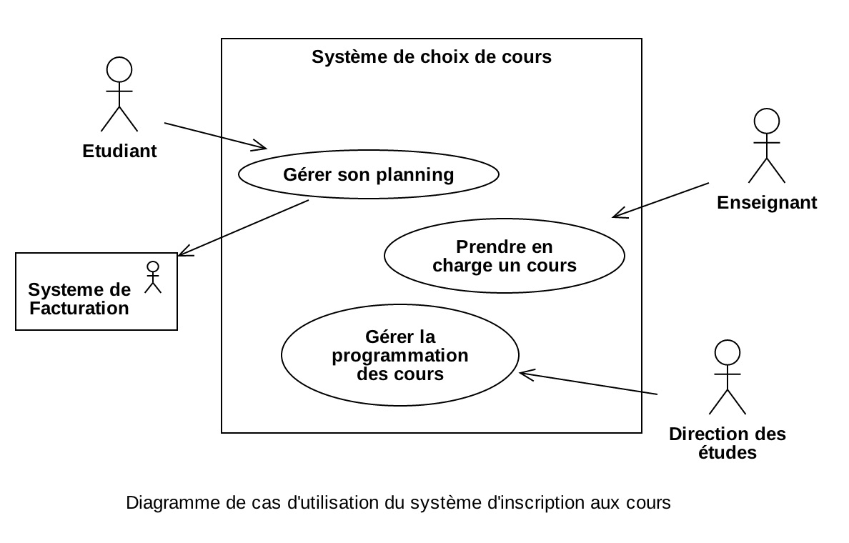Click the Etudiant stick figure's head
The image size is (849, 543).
point(119,69)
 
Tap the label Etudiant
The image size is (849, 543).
point(119,151)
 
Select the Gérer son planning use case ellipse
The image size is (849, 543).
point(368,174)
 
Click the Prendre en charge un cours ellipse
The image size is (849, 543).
point(504,256)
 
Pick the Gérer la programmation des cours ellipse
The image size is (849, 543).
point(400,355)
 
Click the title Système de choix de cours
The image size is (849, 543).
point(432,57)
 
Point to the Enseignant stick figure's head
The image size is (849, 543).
point(766,121)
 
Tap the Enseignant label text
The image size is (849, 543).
point(767,203)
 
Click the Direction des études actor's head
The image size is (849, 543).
point(727,353)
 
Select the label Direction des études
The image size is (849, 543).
point(727,443)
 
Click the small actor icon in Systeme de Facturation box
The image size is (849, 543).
point(152,277)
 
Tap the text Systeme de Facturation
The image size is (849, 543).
point(79,299)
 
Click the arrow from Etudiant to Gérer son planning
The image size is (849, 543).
point(214,136)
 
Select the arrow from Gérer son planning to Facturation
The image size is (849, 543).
point(243,227)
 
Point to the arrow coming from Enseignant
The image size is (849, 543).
point(661,199)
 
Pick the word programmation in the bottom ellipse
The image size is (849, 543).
point(400,355)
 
